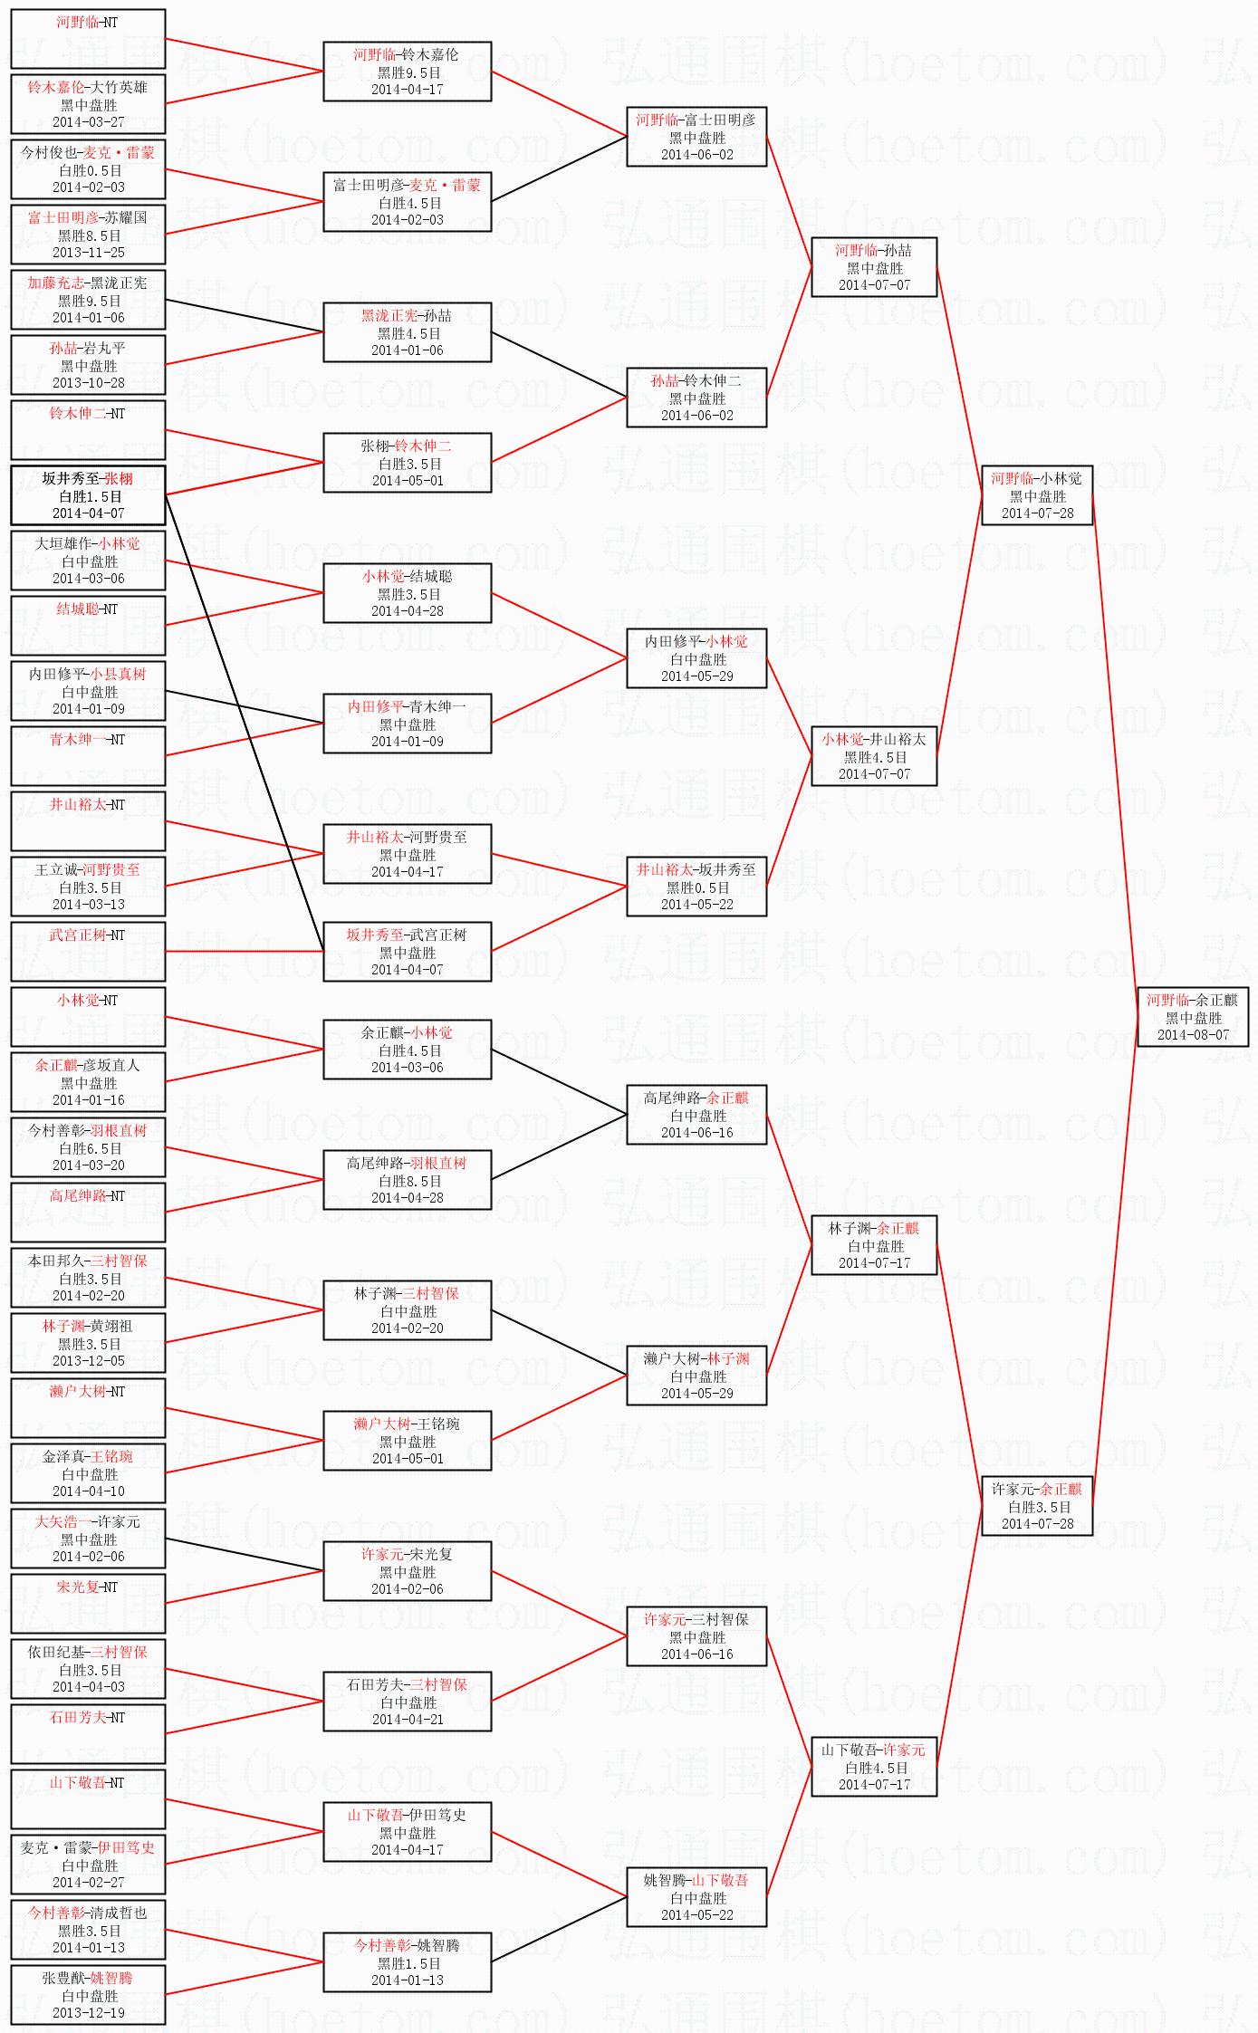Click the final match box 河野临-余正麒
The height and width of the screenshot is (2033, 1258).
1193,1017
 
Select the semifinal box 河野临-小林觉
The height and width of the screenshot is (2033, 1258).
1037,495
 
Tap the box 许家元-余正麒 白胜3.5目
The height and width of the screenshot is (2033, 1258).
1037,1506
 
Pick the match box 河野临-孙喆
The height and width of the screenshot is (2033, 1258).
874,267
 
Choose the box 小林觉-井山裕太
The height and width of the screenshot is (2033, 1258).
874,756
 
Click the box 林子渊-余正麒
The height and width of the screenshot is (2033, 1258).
874,1245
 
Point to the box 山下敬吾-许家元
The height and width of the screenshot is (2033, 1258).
874,1767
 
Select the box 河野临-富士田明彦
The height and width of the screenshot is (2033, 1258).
696,137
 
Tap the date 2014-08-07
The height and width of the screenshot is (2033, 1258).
1193,1035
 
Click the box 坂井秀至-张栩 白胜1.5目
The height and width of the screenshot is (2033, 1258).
88,495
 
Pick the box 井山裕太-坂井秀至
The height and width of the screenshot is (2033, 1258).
696,887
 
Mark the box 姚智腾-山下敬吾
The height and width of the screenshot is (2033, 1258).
696,1897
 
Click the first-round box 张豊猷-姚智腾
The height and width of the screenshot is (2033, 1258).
88,1995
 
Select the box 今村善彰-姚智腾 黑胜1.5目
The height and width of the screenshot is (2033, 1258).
408,1962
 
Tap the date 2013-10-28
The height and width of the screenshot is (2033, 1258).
88,383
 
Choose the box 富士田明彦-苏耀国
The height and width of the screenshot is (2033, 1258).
88,235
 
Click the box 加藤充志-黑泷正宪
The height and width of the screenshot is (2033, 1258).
88,300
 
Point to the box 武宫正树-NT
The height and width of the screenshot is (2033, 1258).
88,951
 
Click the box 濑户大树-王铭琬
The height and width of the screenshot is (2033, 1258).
408,1441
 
